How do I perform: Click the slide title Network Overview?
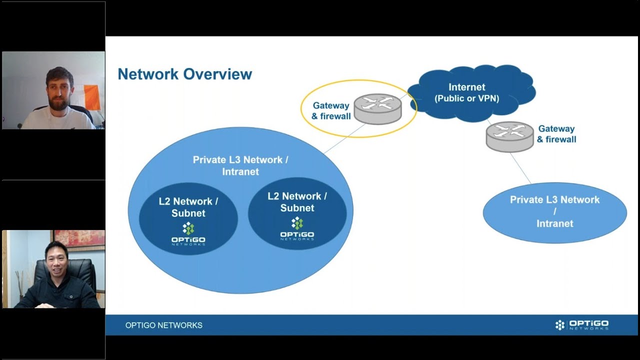[184, 74]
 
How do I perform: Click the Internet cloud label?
[466, 93]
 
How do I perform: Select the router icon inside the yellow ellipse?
[377, 108]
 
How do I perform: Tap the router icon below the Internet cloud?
[509, 136]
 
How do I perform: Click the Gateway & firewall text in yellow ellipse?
[330, 111]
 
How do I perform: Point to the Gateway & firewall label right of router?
[556, 134]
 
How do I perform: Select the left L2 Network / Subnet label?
[188, 207]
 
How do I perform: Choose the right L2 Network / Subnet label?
[297, 202]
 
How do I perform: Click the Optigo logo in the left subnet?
[188, 234]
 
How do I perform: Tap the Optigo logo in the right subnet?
[297, 229]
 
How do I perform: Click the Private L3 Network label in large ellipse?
[240, 165]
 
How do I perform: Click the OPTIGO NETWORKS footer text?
[164, 325]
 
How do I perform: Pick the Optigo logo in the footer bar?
[581, 325]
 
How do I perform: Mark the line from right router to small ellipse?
[520, 168]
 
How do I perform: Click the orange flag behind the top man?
[91, 96]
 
